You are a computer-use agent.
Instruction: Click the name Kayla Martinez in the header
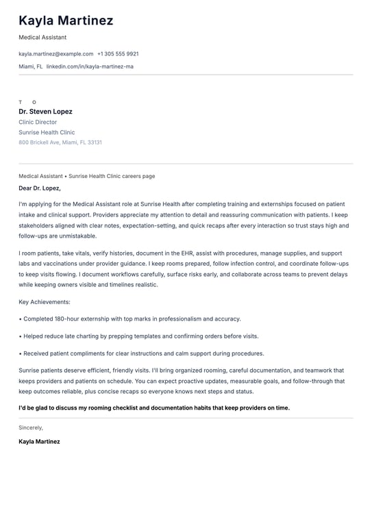pos(66,21)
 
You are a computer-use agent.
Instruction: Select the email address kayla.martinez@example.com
pos(56,53)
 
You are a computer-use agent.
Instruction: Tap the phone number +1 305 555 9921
pos(118,53)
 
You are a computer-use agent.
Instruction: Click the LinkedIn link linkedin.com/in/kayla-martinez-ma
pos(90,66)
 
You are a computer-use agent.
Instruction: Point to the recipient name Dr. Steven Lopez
pos(45,112)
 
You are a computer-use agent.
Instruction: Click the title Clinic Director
pos(38,122)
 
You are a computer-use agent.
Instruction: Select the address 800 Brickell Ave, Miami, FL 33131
pos(60,142)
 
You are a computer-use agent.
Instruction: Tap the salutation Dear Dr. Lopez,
pos(40,188)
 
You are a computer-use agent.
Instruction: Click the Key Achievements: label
pos(45,301)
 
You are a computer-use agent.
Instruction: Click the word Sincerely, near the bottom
pos(31,427)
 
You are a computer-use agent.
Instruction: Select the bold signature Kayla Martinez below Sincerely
pos(39,442)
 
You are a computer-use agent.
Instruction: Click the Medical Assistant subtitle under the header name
pos(42,38)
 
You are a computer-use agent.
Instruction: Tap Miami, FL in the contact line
pos(30,66)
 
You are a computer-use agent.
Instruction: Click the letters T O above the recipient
pos(27,102)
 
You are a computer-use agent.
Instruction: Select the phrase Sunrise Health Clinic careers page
pos(112,176)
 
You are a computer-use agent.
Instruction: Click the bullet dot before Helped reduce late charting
pos(21,336)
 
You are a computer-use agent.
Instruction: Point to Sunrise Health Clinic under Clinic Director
pos(47,132)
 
